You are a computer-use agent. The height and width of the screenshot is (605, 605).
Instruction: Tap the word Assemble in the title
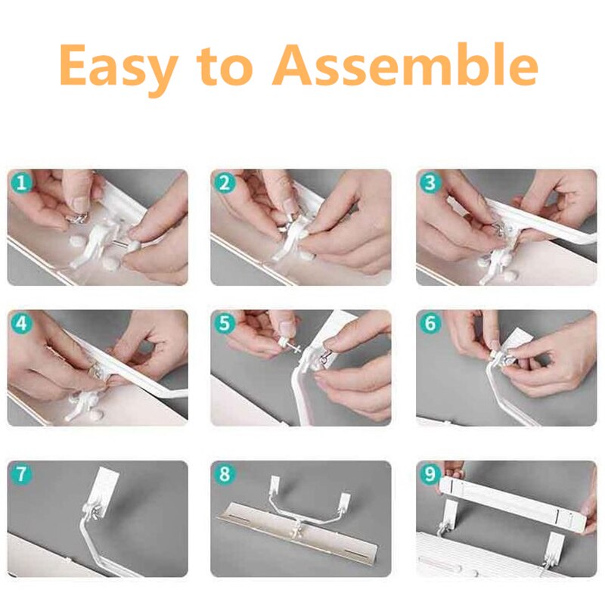point(405,64)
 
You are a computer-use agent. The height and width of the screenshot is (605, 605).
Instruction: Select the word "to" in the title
point(225,66)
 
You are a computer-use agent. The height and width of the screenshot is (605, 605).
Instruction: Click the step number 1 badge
point(21,182)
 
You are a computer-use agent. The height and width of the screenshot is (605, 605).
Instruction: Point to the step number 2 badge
point(224,182)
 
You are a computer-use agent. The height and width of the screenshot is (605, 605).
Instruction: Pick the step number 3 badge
point(430,182)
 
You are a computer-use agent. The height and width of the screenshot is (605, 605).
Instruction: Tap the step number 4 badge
point(21,323)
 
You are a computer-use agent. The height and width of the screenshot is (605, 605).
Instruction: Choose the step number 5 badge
point(224,323)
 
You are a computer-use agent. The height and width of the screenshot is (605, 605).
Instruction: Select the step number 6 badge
point(430,323)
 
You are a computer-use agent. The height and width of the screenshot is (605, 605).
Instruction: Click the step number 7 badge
point(21,473)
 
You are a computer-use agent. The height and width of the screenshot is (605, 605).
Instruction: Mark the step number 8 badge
point(224,473)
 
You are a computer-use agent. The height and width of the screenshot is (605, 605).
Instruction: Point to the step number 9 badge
point(430,473)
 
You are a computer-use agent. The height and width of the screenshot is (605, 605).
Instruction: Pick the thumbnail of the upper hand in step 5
point(287,327)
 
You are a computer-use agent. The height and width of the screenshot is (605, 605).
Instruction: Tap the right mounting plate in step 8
point(345,501)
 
